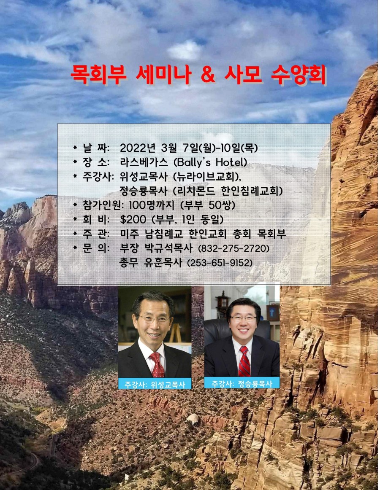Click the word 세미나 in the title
tap(163, 75)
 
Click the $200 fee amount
tap(133, 219)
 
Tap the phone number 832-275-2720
tap(234, 249)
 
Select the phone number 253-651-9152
tap(220, 263)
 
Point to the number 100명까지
tap(151, 205)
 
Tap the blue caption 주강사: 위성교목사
tap(155, 384)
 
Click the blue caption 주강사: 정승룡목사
tap(242, 383)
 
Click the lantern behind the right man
tap(223, 301)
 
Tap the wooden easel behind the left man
tap(175, 333)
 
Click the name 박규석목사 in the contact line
tap(169, 248)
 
